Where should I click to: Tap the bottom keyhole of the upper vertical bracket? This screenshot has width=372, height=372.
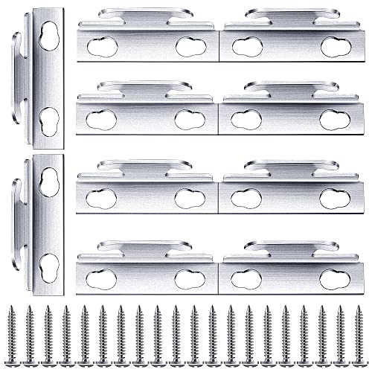click(49, 119)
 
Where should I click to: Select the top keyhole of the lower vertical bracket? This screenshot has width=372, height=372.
click(49, 179)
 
